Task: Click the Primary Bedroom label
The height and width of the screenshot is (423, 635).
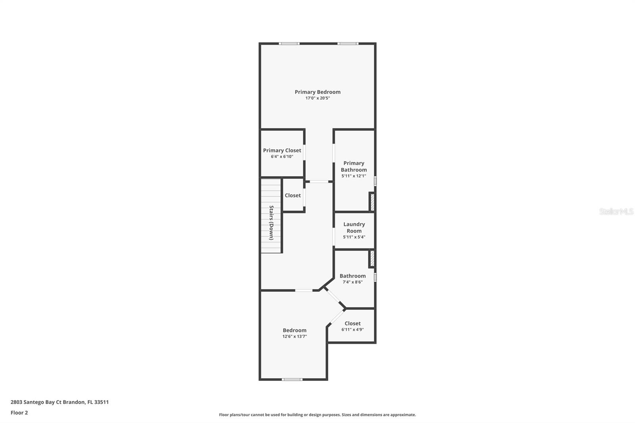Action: (317, 92)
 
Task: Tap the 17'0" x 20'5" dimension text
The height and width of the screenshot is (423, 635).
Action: (317, 98)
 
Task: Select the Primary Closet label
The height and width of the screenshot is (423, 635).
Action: (282, 150)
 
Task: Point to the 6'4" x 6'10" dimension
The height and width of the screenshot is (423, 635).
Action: (282, 157)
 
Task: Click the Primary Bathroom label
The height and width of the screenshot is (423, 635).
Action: (354, 166)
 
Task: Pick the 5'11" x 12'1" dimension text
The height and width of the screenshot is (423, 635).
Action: (354, 176)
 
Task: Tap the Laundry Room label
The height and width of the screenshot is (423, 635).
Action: (354, 227)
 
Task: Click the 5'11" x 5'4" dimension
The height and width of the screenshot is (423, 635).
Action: (354, 237)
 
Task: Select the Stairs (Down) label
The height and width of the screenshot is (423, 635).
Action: (271, 223)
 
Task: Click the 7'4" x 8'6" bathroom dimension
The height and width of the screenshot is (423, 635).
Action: (352, 282)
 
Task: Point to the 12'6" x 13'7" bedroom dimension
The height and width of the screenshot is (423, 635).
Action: (294, 336)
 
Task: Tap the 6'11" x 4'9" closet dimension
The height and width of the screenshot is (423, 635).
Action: (352, 329)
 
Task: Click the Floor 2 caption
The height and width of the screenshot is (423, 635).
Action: (19, 413)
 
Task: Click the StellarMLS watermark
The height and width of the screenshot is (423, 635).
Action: (616, 211)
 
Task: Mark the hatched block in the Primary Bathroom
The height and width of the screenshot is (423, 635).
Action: (372, 202)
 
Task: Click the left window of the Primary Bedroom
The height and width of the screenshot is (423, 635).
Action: (289, 43)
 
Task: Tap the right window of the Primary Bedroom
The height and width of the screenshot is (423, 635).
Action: (348, 43)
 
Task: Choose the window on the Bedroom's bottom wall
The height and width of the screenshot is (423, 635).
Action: (292, 379)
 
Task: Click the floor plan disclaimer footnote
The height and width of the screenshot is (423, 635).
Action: (317, 415)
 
